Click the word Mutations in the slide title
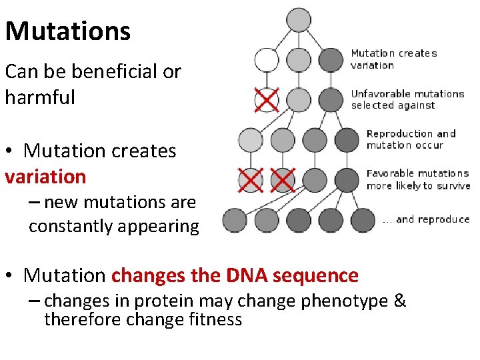[x=68, y=31]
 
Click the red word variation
[x=45, y=177]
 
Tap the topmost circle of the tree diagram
[x=299, y=19]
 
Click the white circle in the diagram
[x=267, y=59]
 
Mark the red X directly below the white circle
[x=267, y=101]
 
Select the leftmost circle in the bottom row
[x=235, y=219]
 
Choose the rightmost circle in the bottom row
[x=363, y=219]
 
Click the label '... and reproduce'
[x=426, y=219]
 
